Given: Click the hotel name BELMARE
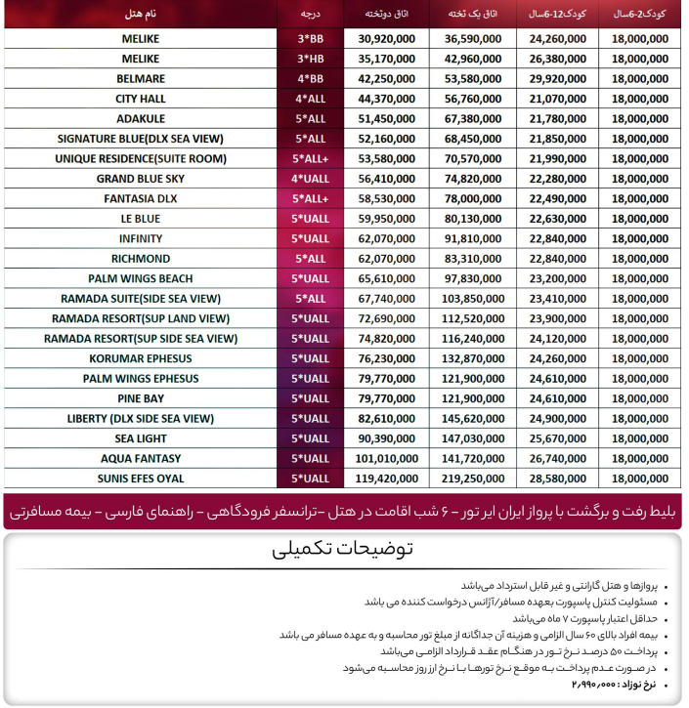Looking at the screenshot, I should point(142,78).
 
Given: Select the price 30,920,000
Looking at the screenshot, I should point(380,38).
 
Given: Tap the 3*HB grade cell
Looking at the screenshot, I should point(310,59).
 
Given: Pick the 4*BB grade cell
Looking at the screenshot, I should point(310,78).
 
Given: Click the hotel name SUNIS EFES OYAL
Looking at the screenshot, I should point(142,479).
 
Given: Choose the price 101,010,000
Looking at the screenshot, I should point(380,458).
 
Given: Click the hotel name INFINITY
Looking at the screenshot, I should point(142,238).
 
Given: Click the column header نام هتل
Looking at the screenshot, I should point(142,15).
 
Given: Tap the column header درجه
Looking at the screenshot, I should point(311,15).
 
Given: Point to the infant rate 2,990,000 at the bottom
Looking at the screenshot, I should point(598,686).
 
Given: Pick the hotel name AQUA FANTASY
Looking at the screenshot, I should point(142,458).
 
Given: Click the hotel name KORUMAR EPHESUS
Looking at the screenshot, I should point(142,358).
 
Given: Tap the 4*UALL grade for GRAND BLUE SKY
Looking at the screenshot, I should point(311,179).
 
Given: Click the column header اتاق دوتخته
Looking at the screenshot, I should point(380,15).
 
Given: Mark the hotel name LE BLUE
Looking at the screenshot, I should point(142,219).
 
